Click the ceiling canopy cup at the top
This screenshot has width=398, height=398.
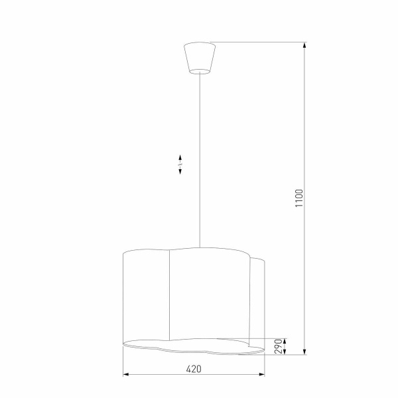click(x=199, y=56)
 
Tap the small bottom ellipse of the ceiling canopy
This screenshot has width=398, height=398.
click(x=199, y=70)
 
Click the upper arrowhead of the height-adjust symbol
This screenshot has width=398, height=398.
click(x=181, y=157)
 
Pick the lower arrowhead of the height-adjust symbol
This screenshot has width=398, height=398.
click(x=181, y=172)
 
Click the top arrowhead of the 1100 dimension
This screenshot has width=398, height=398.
click(x=304, y=47)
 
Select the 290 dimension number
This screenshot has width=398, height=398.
click(x=279, y=346)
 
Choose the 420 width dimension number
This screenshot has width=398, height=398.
click(x=192, y=369)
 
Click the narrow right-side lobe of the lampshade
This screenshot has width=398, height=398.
click(x=259, y=298)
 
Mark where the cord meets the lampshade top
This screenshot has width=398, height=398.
click(x=199, y=247)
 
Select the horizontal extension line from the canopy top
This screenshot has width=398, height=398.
click(x=259, y=43)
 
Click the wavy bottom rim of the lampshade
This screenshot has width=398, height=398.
click(x=192, y=346)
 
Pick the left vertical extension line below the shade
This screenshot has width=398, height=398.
click(x=123, y=364)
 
